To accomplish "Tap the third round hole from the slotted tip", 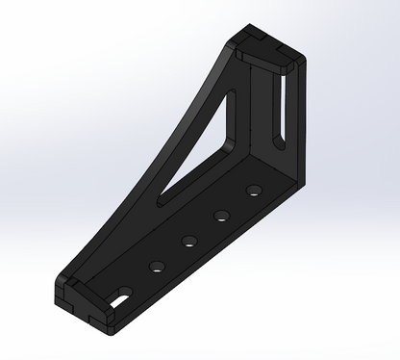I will [x=221, y=215].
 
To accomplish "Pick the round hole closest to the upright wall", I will [x=254, y=190].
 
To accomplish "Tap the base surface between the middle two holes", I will [x=205, y=227].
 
